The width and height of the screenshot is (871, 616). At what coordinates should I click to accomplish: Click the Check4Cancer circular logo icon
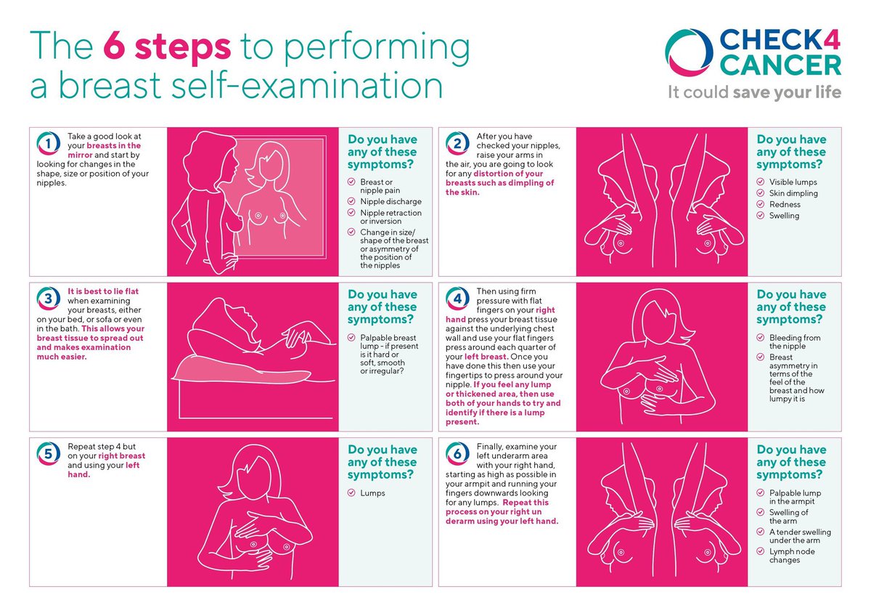pyautogui.click(x=688, y=52)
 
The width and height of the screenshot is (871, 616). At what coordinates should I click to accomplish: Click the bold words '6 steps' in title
pyautogui.click(x=167, y=47)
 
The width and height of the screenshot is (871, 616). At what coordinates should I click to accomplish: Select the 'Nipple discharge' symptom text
pyautogui.click(x=390, y=201)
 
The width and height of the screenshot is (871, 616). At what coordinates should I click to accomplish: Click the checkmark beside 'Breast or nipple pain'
pyautogui.click(x=351, y=182)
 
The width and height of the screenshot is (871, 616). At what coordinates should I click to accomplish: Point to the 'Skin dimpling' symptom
pyautogui.click(x=793, y=193)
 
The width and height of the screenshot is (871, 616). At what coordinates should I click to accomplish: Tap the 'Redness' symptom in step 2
pyautogui.click(x=785, y=205)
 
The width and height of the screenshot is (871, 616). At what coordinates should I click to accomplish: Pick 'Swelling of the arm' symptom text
pyautogui.click(x=788, y=516)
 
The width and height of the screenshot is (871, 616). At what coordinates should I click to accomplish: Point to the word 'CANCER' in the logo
pyautogui.click(x=780, y=67)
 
